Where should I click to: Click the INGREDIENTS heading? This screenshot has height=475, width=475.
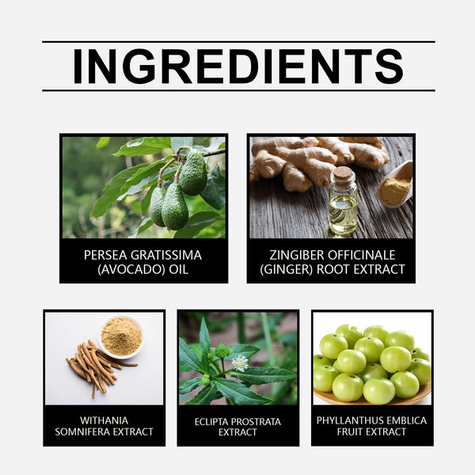click(237, 66)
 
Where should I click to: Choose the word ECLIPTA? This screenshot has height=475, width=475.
click(215, 422)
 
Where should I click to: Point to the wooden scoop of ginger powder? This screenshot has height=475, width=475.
click(396, 186)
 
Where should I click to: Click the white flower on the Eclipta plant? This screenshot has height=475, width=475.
click(240, 363)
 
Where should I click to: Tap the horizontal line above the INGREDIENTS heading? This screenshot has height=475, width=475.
click(237, 41)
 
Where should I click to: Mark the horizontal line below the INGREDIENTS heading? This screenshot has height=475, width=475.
click(237, 90)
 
